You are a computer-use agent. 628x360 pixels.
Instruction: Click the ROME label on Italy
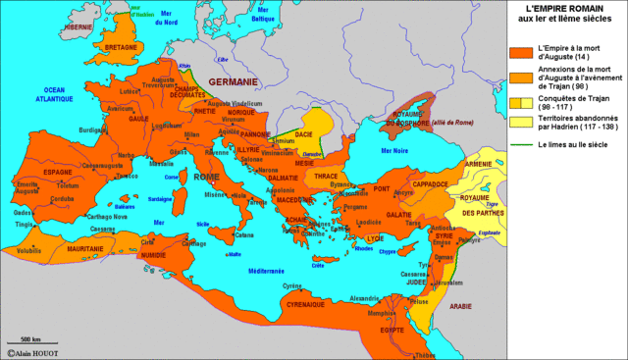pos(207,177)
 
